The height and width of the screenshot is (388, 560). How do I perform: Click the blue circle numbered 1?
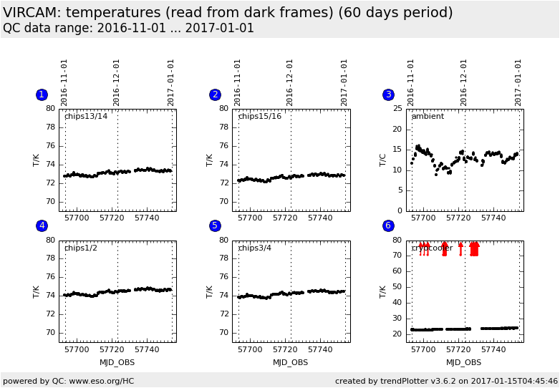click(42, 94)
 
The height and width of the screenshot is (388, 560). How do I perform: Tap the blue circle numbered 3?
click(388, 94)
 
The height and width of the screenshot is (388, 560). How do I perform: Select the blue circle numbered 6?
click(388, 225)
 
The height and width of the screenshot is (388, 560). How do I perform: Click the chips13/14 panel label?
click(86, 116)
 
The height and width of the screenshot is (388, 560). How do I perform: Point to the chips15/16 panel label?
click(259, 116)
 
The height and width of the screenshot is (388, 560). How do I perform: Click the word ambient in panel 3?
click(428, 116)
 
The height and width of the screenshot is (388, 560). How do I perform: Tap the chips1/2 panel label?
click(81, 248)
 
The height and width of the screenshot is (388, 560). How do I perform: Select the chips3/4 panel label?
click(254, 248)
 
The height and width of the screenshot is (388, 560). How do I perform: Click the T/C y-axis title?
click(382, 160)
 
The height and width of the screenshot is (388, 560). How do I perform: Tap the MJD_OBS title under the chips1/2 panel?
click(117, 362)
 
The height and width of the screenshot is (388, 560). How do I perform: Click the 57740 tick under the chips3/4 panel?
click(320, 349)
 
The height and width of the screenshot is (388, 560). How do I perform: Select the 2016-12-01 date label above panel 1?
click(117, 82)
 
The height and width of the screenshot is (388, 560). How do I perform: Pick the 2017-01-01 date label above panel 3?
click(518, 82)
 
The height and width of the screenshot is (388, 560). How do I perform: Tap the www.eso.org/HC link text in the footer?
click(102, 381)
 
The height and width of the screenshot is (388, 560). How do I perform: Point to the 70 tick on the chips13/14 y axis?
click(51, 201)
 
